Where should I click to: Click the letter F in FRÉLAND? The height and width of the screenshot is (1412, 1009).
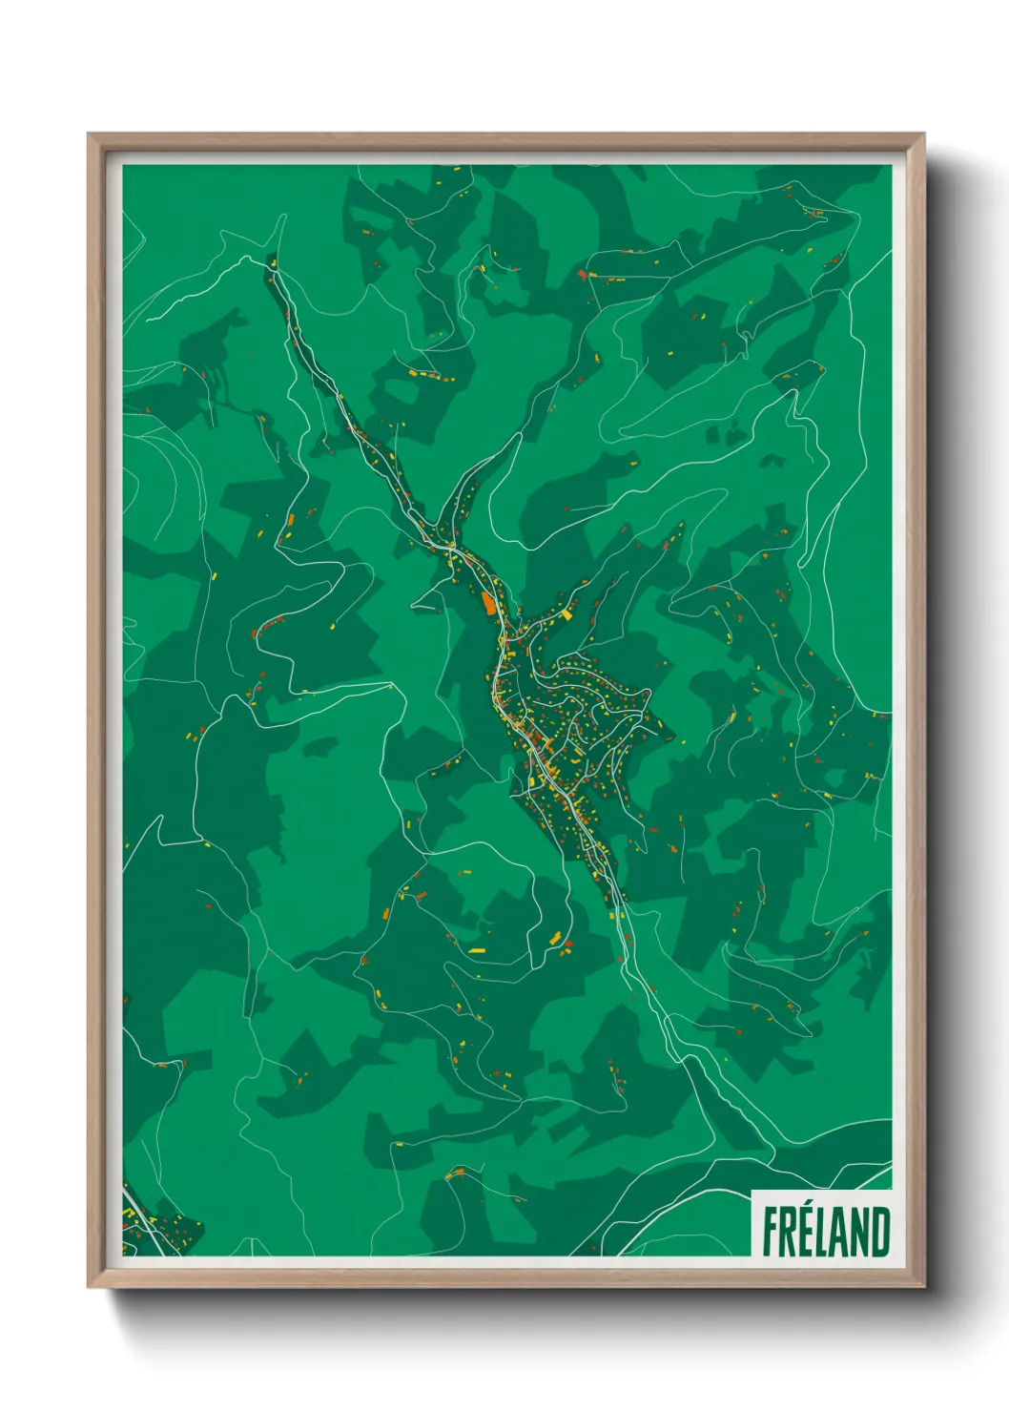coord(771,1233)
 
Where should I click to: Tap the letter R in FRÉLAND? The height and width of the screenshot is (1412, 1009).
coord(790,1233)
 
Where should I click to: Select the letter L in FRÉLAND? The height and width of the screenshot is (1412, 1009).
coord(826,1233)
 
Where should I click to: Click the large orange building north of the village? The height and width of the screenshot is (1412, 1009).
coord(489,604)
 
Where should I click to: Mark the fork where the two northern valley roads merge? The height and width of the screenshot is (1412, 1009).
coord(450,548)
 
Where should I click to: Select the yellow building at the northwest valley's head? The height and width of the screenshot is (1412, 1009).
coord(273,261)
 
